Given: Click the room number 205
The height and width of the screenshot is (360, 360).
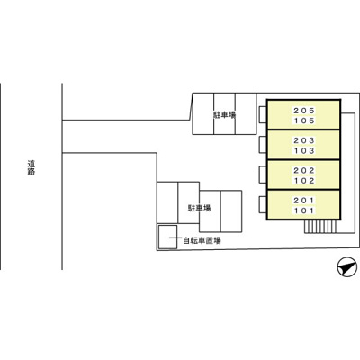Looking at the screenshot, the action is click(304, 111).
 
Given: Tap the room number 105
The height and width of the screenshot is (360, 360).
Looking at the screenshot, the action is click(304, 121).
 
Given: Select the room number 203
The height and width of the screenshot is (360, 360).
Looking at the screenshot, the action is click(304, 140).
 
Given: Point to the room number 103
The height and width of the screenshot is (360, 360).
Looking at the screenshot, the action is click(304, 150).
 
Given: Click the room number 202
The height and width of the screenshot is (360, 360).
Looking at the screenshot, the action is click(304, 170).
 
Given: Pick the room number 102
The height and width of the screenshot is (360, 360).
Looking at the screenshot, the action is click(304, 181).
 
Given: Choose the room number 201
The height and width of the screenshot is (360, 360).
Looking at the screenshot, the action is click(304, 200).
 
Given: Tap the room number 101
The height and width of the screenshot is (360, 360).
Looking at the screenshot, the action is click(304, 211).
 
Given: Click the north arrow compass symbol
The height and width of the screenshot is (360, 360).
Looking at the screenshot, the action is click(347, 266).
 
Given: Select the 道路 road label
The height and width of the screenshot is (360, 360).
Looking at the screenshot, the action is click(31, 167).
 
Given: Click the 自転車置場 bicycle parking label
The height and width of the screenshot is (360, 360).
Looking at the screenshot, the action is click(202, 240).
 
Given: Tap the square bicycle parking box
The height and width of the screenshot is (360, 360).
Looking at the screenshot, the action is click(167, 237).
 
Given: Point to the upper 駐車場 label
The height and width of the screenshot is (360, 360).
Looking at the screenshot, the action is click(224, 115).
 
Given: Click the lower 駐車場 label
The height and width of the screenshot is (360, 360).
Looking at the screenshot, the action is click(199, 208).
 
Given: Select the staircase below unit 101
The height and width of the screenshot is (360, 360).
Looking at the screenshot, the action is click(320, 227).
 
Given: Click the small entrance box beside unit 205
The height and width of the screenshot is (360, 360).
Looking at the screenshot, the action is click(263, 114).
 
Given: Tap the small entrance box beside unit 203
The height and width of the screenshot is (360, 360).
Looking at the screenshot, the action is click(263, 145).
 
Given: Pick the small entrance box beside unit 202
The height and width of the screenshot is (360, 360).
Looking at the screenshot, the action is click(263, 175).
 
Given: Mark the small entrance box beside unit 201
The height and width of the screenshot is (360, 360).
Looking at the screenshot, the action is click(263, 204).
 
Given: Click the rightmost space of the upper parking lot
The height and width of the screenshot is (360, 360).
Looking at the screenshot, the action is click(246, 113).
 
